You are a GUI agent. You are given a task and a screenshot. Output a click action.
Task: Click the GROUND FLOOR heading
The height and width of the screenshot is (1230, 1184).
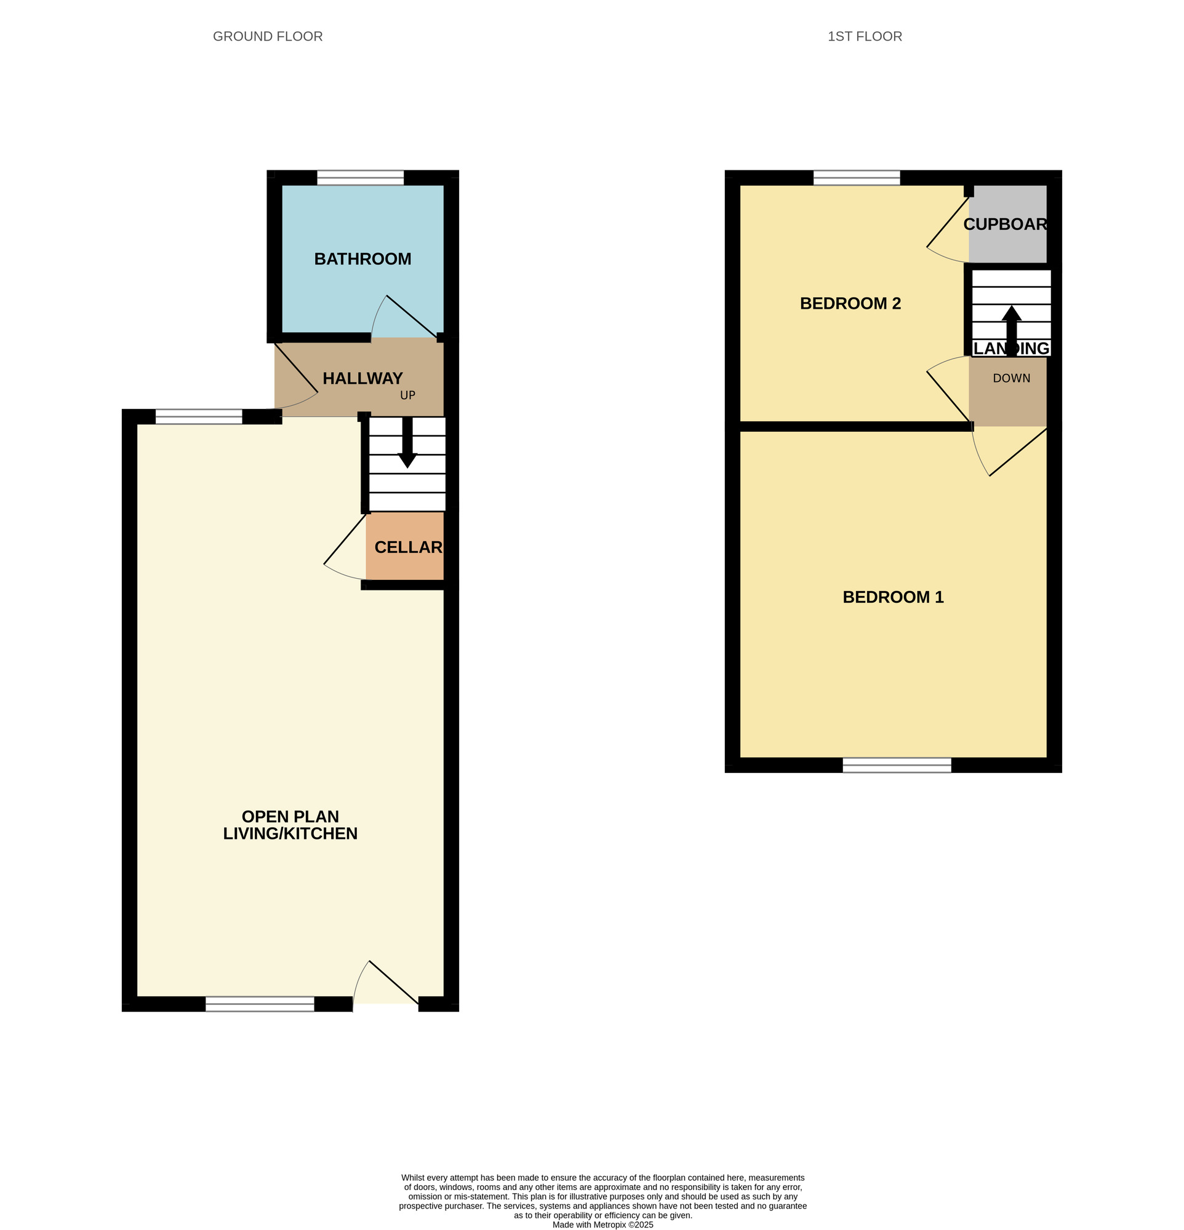click(268, 36)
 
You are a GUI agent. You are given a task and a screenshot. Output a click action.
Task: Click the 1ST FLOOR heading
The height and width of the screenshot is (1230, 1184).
click(865, 36)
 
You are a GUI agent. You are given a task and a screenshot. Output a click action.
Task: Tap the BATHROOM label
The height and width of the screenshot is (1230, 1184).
click(362, 258)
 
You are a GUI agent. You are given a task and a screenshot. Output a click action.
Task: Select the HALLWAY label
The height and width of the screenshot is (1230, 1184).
click(362, 378)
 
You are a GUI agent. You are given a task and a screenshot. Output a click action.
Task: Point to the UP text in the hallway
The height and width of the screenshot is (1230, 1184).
click(407, 395)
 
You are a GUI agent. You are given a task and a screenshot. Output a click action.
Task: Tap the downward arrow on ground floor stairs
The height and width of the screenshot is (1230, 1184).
click(407, 443)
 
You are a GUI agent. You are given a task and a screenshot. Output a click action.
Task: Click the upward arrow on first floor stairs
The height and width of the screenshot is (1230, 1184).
click(1010, 330)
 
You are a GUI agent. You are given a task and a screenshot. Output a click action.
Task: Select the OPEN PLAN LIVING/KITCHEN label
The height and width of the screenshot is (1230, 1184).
click(290, 825)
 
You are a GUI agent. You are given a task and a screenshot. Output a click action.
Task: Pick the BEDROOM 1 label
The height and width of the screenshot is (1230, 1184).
click(893, 597)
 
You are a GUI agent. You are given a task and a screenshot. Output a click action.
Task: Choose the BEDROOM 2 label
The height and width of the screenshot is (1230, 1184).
click(850, 304)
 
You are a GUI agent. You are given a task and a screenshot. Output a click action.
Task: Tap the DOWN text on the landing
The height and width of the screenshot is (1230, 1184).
click(1011, 378)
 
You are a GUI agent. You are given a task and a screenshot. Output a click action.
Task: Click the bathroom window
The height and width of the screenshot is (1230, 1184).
click(361, 178)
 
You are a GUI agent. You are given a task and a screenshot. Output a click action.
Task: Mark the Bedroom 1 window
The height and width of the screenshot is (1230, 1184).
click(897, 765)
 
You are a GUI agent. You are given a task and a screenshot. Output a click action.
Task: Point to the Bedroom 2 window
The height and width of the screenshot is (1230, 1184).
click(856, 178)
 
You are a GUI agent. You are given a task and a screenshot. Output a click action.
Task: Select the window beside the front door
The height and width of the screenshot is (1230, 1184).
click(259, 1004)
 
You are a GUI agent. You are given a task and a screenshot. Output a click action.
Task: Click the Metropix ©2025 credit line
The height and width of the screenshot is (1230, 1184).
click(602, 1224)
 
